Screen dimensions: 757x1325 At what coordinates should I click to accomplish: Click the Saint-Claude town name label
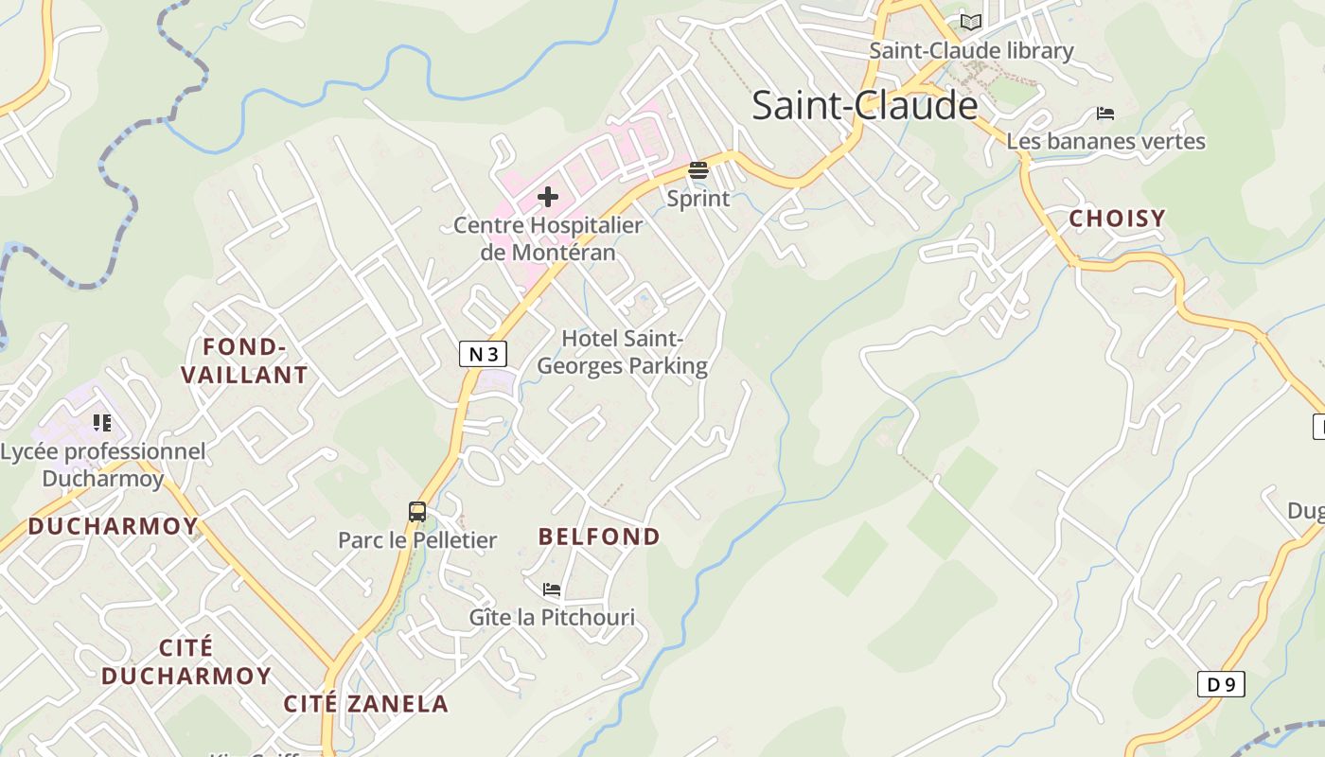(864, 105)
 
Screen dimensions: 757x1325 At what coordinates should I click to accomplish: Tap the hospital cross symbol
(548, 197)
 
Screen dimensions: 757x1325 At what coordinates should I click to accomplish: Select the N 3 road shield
(483, 354)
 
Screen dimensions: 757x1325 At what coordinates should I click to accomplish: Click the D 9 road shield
(1220, 684)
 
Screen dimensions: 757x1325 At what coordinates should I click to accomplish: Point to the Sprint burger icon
(698, 171)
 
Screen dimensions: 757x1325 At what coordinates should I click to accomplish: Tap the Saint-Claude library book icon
(970, 22)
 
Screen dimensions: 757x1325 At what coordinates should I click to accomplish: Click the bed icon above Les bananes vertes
(1104, 114)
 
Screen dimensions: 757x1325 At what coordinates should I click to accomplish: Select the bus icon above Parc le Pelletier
(417, 512)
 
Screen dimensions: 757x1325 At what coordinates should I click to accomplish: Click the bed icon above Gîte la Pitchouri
(552, 590)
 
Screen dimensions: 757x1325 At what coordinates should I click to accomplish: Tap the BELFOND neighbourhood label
(599, 537)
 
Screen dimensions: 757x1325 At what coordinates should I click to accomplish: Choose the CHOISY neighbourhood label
(1117, 219)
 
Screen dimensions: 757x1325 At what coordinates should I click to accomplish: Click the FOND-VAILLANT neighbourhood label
(244, 361)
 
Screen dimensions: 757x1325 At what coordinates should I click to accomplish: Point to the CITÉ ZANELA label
(366, 704)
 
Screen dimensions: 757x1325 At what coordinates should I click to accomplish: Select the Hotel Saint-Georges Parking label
(622, 352)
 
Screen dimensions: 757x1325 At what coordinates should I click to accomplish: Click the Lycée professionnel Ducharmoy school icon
(102, 423)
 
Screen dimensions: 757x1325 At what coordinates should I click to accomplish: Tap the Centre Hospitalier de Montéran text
(548, 238)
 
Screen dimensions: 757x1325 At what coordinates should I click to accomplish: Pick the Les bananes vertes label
(1105, 142)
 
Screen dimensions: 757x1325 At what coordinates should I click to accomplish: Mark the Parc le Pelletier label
(417, 540)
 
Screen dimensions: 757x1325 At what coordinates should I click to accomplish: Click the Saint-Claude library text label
(971, 51)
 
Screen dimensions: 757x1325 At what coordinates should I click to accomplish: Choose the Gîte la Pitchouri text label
(552, 618)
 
